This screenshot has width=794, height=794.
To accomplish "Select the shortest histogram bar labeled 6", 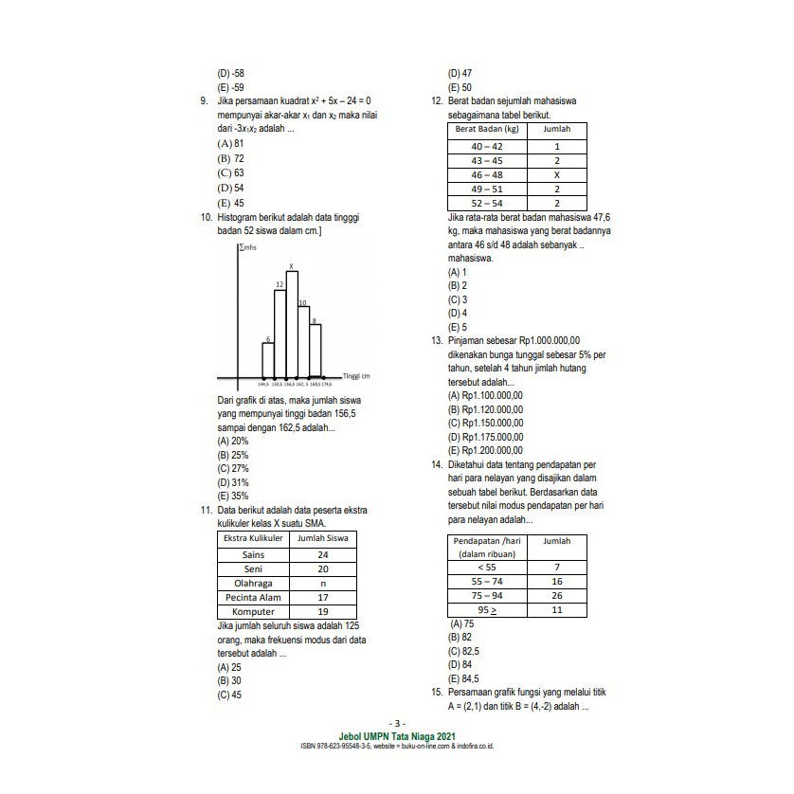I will (x=268, y=358).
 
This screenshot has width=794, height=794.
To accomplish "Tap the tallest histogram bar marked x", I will (x=292, y=322).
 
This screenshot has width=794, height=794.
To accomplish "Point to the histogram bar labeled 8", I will (x=316, y=350).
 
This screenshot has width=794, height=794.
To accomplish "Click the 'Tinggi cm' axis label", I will (x=355, y=376).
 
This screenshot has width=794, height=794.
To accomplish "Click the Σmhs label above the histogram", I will (x=249, y=246).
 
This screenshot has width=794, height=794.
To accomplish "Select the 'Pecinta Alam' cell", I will (x=253, y=598).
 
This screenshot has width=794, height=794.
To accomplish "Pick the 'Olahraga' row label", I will (x=253, y=584).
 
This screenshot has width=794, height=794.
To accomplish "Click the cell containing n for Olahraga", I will (x=323, y=584).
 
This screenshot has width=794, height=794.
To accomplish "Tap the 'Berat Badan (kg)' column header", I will (x=487, y=129).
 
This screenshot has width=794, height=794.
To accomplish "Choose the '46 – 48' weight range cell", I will (x=487, y=175).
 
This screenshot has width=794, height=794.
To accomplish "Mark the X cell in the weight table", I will (x=557, y=175).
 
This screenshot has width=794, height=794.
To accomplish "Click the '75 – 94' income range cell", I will (x=487, y=596).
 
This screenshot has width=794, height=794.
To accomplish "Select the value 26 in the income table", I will (x=556, y=596).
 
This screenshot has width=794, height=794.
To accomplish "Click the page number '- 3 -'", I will (x=397, y=724).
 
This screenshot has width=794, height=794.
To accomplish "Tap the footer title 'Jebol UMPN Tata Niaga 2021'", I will (x=397, y=735).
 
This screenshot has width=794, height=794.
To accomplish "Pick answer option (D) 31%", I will (x=233, y=482).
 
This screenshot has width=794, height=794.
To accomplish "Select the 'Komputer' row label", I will (x=253, y=612).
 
